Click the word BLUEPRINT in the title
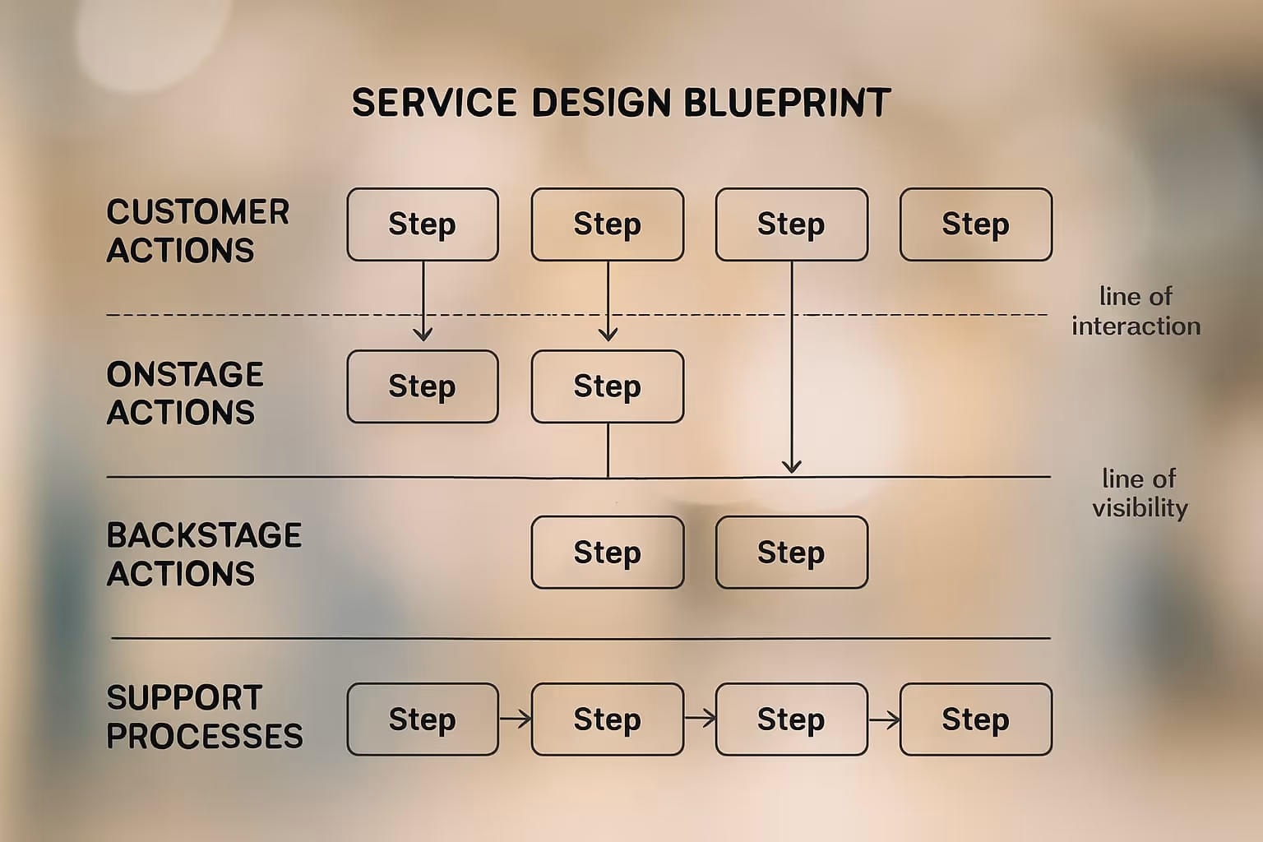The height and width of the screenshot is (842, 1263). [x=787, y=103]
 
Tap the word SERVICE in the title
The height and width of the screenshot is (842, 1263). [x=434, y=103]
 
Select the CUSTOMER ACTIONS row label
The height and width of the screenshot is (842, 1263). [x=197, y=231]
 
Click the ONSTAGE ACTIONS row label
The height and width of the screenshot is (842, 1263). [x=185, y=393]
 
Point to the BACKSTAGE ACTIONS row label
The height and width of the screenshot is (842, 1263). [x=204, y=554]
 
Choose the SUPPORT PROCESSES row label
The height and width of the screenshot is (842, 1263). [x=204, y=716]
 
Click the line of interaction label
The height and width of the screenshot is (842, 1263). [x=1136, y=311]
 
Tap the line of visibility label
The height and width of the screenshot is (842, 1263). [x=1140, y=493]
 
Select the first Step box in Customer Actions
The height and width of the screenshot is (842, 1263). [x=423, y=224]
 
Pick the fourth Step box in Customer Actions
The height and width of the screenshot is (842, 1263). [x=976, y=224]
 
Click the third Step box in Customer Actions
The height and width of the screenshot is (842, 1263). [x=791, y=224]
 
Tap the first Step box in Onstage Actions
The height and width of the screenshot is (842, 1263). [x=423, y=386]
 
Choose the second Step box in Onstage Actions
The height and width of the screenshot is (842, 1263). [x=608, y=386]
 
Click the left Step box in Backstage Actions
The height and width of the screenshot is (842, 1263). [x=608, y=553]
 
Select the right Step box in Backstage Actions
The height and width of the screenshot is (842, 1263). [x=791, y=553]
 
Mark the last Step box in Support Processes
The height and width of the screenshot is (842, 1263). [x=976, y=719]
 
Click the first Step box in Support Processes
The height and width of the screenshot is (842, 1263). [x=423, y=719]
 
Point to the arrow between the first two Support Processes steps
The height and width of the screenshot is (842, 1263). [x=516, y=719]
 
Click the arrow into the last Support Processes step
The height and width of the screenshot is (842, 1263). [x=884, y=719]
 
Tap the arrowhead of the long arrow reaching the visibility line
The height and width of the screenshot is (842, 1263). [x=792, y=467]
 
